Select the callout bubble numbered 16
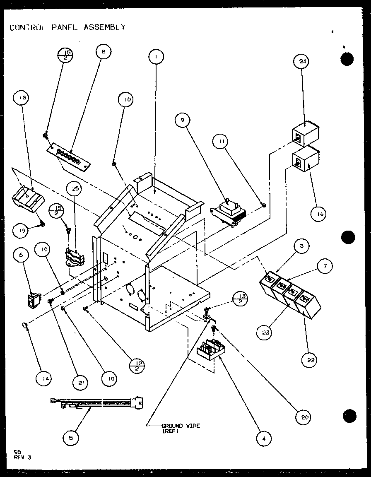(319, 214)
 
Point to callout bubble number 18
(22, 99)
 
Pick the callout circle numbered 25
(75, 188)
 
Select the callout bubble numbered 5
(71, 437)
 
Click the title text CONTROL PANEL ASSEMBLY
(67, 28)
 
